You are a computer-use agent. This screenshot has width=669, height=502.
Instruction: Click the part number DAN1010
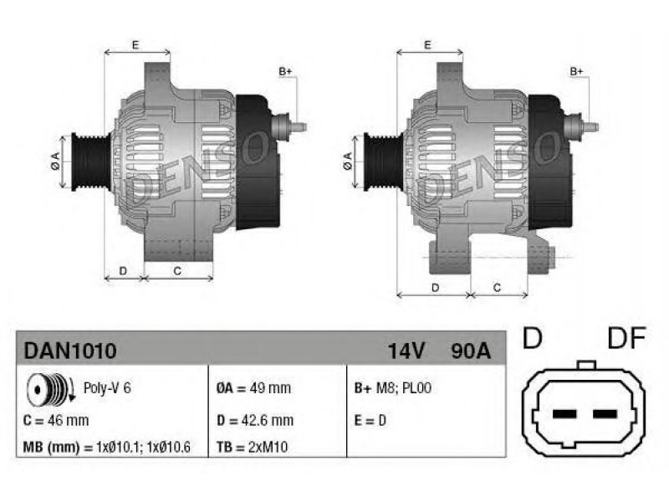click(70, 351)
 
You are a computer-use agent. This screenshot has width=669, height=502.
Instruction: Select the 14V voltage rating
click(406, 351)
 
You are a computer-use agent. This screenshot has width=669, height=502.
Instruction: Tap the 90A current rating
click(471, 351)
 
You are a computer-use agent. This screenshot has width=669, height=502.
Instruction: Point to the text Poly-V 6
click(107, 388)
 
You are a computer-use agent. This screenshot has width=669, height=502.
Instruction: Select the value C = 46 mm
click(56, 421)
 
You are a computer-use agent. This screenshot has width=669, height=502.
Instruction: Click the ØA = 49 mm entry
click(254, 388)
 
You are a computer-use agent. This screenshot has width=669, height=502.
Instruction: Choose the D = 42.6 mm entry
click(255, 421)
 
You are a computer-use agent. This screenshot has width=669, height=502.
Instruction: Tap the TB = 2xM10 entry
click(253, 447)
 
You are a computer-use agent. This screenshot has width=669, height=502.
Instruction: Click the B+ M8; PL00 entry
click(393, 388)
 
